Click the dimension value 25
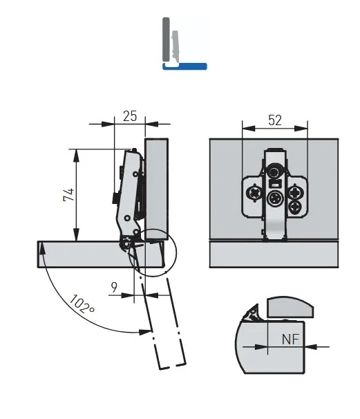point(130,116)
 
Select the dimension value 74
point(68,195)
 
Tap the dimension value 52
point(275,120)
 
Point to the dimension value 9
point(114,287)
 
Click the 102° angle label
point(81,304)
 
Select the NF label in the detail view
point(291,339)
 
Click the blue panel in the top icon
point(184,66)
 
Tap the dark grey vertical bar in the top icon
point(166,39)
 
